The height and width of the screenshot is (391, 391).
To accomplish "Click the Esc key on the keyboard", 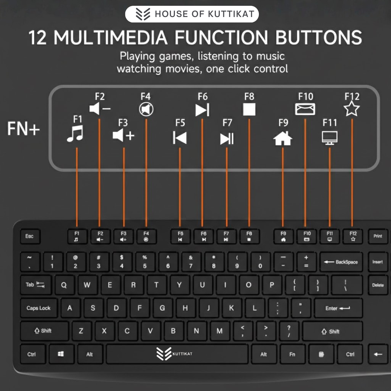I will pos(30,236).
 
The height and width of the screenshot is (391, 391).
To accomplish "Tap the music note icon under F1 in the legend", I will pos(75,134).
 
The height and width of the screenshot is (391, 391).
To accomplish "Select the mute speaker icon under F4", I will pos(146,109).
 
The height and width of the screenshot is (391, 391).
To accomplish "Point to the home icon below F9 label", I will pos(283,138).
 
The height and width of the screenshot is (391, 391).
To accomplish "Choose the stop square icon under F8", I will pos(249,109).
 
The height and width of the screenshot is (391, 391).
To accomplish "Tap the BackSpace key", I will pos(341,262).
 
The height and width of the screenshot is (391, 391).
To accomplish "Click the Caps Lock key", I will pos(38,308).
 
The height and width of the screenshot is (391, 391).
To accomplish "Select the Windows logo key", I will pos(61,354).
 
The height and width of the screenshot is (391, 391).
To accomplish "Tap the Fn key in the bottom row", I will pos(292,354).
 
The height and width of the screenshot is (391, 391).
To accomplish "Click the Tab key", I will pos(35,285).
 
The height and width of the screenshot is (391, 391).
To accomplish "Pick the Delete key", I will pos(378,285).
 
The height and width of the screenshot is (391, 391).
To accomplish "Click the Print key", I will pos(378,236).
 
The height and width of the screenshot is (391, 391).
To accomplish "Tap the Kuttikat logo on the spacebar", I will pos(174,354).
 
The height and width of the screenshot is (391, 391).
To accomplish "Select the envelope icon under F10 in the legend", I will pos(305,109).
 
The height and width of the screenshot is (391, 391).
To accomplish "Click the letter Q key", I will pos(64,285).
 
